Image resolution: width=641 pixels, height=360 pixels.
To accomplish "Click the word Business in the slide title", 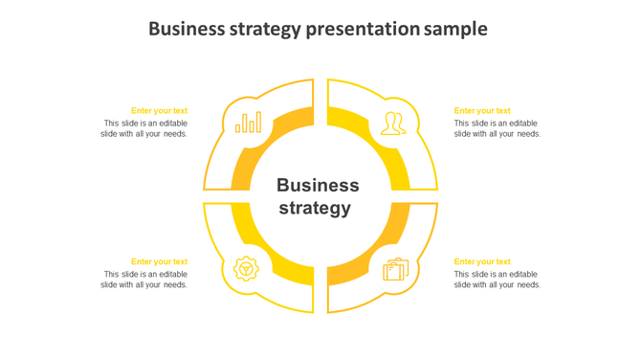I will pos(187,29).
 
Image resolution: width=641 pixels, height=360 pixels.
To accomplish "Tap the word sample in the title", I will pos(456,29).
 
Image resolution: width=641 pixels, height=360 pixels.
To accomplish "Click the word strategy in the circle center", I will pos(315,208).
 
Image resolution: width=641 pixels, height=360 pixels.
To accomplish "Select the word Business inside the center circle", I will pos(318,185).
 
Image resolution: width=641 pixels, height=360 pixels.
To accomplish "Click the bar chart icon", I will pos(249,123).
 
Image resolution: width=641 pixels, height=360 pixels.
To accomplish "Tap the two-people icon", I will pos(392,124).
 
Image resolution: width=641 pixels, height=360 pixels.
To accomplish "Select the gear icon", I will pos(247,269).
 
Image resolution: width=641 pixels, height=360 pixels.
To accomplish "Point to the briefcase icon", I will pos(395,270).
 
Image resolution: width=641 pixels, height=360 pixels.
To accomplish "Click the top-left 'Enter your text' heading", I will pos(159,111).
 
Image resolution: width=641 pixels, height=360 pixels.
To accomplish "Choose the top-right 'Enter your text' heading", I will pos(482,111).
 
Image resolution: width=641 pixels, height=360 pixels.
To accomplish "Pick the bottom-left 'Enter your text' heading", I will pos(159,261).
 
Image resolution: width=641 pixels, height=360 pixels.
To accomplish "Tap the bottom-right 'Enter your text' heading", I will pos(482,261).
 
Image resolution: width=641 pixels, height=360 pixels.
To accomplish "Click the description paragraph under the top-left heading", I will pos(144,128).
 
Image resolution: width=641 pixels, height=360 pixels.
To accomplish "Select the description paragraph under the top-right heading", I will pos(497,128).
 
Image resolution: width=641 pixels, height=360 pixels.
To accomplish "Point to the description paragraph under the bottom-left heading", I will pos(144,280).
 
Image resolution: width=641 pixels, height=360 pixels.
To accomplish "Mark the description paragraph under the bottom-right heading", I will pos(497,280).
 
